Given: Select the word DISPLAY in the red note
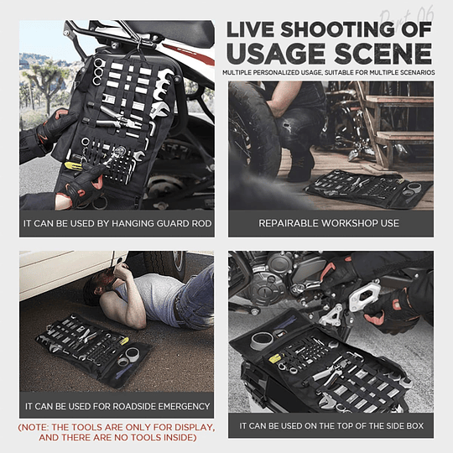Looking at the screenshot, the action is pyautogui.click(x=189, y=427).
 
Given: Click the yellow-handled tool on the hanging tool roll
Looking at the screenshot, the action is pyautogui.click(x=74, y=165).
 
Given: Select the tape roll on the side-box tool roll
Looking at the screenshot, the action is pyautogui.click(x=262, y=340).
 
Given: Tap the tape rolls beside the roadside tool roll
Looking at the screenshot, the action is pyautogui.click(x=128, y=357).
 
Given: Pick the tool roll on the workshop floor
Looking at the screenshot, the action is pyautogui.click(x=368, y=188).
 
